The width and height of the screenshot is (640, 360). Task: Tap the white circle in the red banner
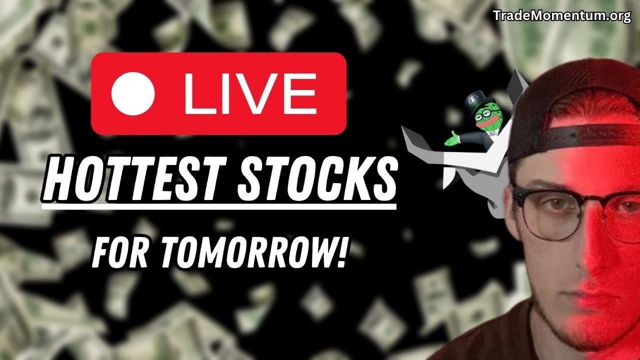(132, 93)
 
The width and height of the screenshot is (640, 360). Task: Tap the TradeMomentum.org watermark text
(562, 16)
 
